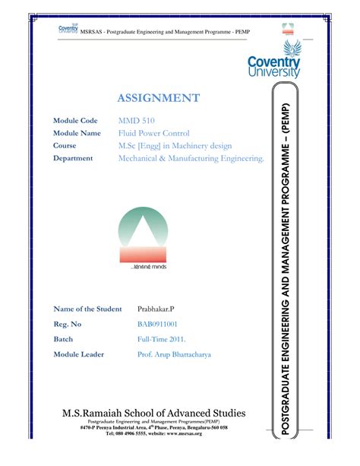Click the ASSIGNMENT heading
159,98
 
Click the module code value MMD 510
134,121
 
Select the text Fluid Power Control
153,133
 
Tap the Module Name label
77,133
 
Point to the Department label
73,158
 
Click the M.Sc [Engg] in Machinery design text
174,145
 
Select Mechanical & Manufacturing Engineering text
191,158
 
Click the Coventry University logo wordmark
273,66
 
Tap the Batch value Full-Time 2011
161,339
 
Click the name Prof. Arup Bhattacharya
174,354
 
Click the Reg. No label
68,324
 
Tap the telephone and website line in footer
153,434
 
